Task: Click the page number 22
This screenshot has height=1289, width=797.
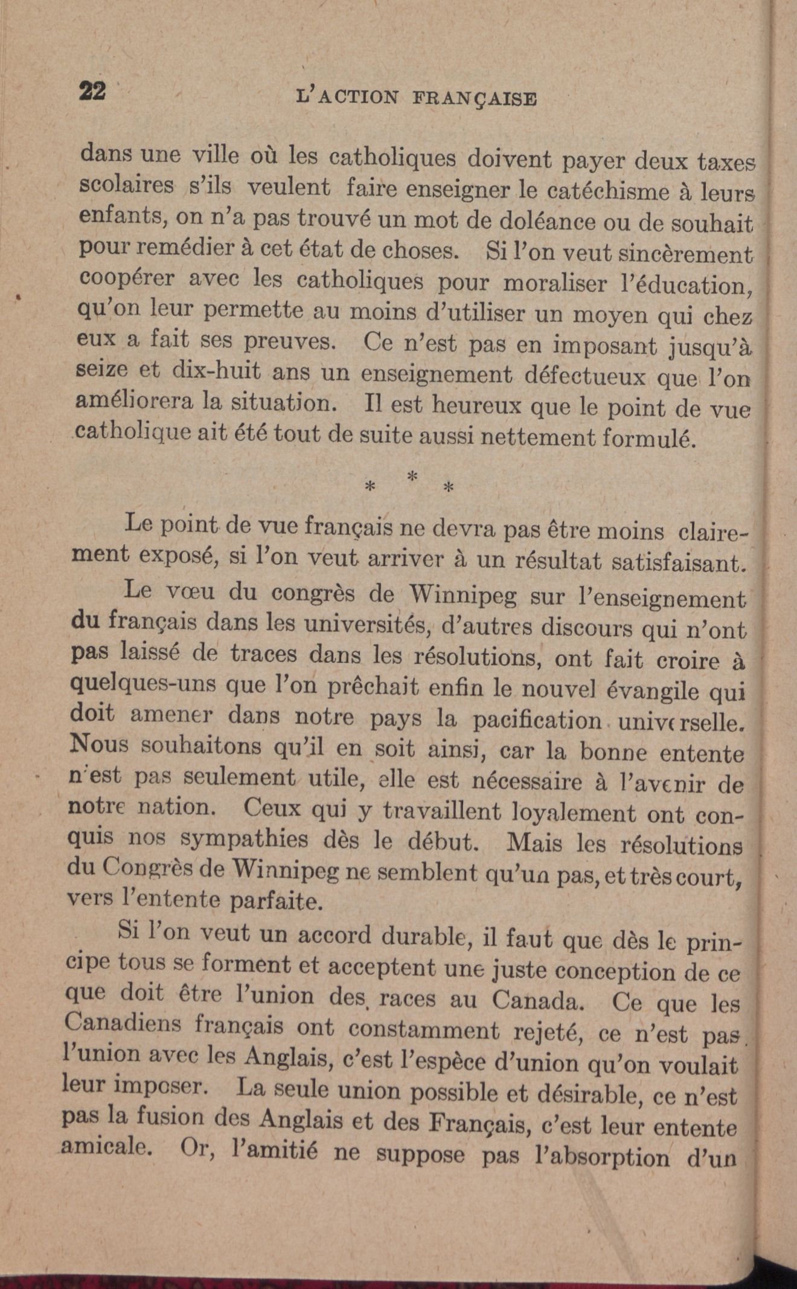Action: click(x=93, y=91)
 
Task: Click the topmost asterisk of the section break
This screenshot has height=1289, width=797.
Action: click(x=412, y=475)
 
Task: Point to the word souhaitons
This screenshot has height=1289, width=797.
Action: click(x=202, y=747)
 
